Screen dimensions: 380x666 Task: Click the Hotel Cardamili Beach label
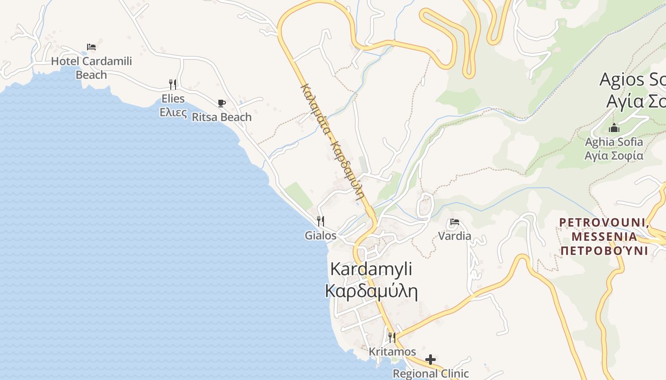point(91,67)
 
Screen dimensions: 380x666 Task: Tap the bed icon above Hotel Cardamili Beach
point(91,47)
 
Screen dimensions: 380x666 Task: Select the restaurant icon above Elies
point(173,85)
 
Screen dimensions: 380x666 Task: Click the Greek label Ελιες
point(173,113)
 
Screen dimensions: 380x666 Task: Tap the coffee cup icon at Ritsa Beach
point(221,103)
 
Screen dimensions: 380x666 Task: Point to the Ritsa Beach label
point(221,117)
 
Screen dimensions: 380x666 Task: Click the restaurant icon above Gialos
point(321,221)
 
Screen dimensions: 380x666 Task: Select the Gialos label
point(321,236)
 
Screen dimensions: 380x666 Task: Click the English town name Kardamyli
point(371,269)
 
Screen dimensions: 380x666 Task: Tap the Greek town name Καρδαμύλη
point(371,291)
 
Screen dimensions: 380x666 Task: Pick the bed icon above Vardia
point(455,222)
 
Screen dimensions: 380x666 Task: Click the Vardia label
point(455,236)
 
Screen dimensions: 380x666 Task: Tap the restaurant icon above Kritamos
point(392,338)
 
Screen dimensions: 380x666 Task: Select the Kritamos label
point(392,352)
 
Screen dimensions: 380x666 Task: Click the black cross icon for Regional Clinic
point(431,360)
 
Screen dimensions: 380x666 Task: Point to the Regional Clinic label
point(431,374)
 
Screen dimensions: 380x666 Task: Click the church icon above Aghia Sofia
point(614,128)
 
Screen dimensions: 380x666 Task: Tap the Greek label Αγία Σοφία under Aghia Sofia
point(614,156)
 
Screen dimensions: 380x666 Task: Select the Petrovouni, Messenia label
point(604,236)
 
